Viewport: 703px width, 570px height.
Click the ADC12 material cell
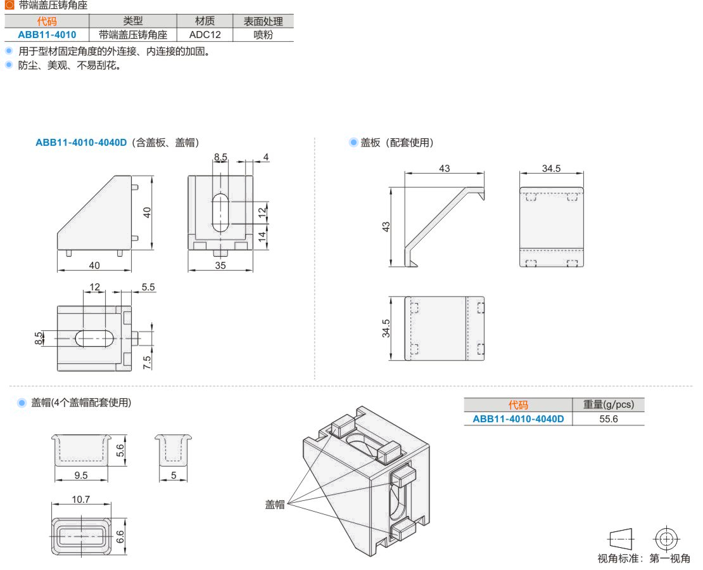pos(205,35)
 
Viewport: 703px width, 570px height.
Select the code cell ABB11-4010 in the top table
pos(47,35)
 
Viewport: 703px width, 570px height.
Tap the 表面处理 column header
pos(263,21)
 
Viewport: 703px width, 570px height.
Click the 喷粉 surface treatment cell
pos(263,35)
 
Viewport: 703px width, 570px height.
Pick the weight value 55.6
pos(609,418)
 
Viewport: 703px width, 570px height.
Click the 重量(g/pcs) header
pos(609,405)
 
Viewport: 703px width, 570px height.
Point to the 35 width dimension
pos(220,265)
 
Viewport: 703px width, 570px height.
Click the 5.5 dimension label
pos(148,287)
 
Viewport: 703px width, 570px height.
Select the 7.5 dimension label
pos(147,362)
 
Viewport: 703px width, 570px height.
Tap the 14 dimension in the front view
pos(262,236)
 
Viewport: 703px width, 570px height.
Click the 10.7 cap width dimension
pos(80,499)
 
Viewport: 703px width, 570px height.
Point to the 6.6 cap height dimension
pos(120,536)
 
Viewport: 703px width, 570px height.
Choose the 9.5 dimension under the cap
pos(81,475)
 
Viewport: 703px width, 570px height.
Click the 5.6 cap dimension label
pos(120,450)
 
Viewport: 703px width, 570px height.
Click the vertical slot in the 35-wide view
pos(220,212)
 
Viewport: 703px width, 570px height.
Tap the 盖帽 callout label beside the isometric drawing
pos(275,505)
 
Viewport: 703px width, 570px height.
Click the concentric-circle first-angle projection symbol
pos(666,538)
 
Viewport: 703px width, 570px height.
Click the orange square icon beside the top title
pos(9,5)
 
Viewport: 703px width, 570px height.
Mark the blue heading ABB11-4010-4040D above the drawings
pos(81,142)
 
